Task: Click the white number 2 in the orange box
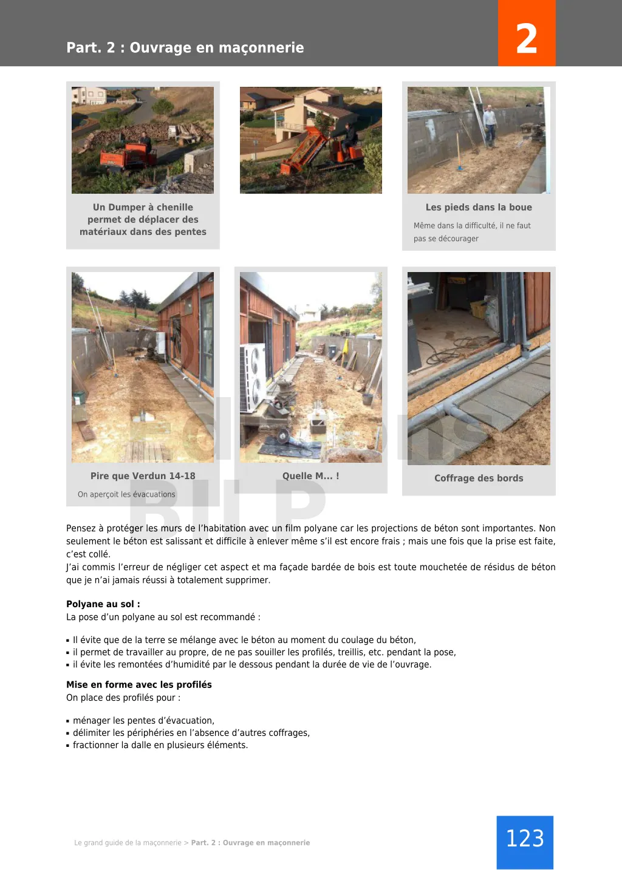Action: point(526,38)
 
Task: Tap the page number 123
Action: point(525,839)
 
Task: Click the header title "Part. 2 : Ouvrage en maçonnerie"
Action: point(185,47)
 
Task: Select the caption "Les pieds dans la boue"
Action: point(479,207)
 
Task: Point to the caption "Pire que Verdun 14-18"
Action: point(143,476)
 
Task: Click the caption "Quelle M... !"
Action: point(310,476)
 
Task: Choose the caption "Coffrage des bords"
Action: point(479,478)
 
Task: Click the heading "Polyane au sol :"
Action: point(103,604)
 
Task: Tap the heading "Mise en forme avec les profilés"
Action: point(139,684)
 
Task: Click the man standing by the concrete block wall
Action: point(490,124)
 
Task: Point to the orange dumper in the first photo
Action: point(125,157)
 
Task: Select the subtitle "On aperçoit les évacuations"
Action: point(126,494)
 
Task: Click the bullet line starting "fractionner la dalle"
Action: point(160,745)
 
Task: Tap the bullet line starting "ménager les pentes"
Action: point(143,721)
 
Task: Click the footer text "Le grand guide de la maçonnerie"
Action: point(128,843)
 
